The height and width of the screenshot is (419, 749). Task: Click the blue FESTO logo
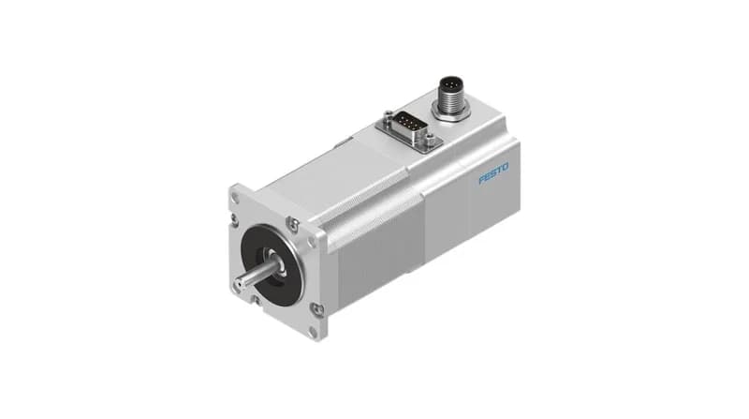pyautogui.click(x=494, y=173)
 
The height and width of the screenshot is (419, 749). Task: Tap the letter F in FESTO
pyautogui.click(x=482, y=180)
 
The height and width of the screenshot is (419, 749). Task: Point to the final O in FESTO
pyautogui.click(x=506, y=168)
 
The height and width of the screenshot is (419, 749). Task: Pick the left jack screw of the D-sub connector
pyautogui.click(x=386, y=114)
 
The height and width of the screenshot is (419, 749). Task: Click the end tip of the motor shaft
pyautogui.click(x=238, y=286)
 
